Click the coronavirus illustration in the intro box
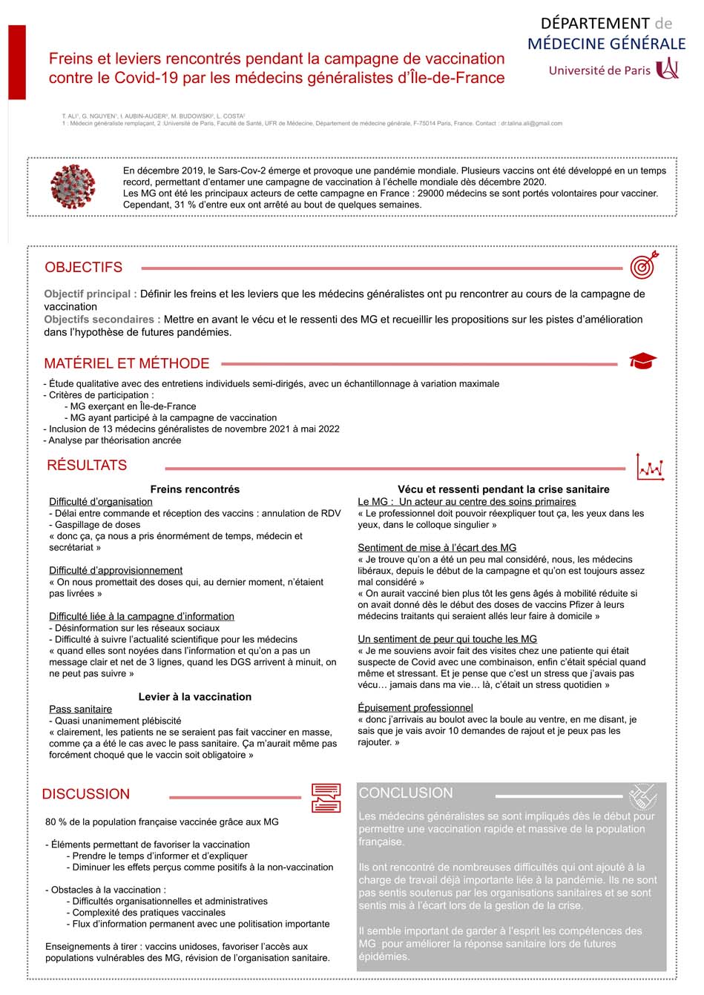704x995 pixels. tap(73, 187)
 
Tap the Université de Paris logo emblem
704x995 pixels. tap(668, 70)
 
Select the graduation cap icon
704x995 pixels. tap(642, 362)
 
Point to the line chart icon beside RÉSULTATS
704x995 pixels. tap(650, 466)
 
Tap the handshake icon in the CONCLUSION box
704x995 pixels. tap(642, 797)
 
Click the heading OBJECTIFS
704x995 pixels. tap(84, 268)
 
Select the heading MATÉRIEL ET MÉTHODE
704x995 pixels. tap(127, 363)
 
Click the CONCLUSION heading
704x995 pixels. tap(406, 793)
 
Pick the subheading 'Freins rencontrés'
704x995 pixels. tap(195, 489)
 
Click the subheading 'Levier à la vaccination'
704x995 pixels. tap(195, 697)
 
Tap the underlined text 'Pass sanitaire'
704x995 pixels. tap(81, 710)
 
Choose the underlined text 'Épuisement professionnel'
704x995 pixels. tap(415, 708)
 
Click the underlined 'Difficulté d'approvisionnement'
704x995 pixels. tap(116, 571)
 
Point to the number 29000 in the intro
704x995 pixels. tap(432, 194)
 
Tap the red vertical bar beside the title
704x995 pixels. tap(17, 62)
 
